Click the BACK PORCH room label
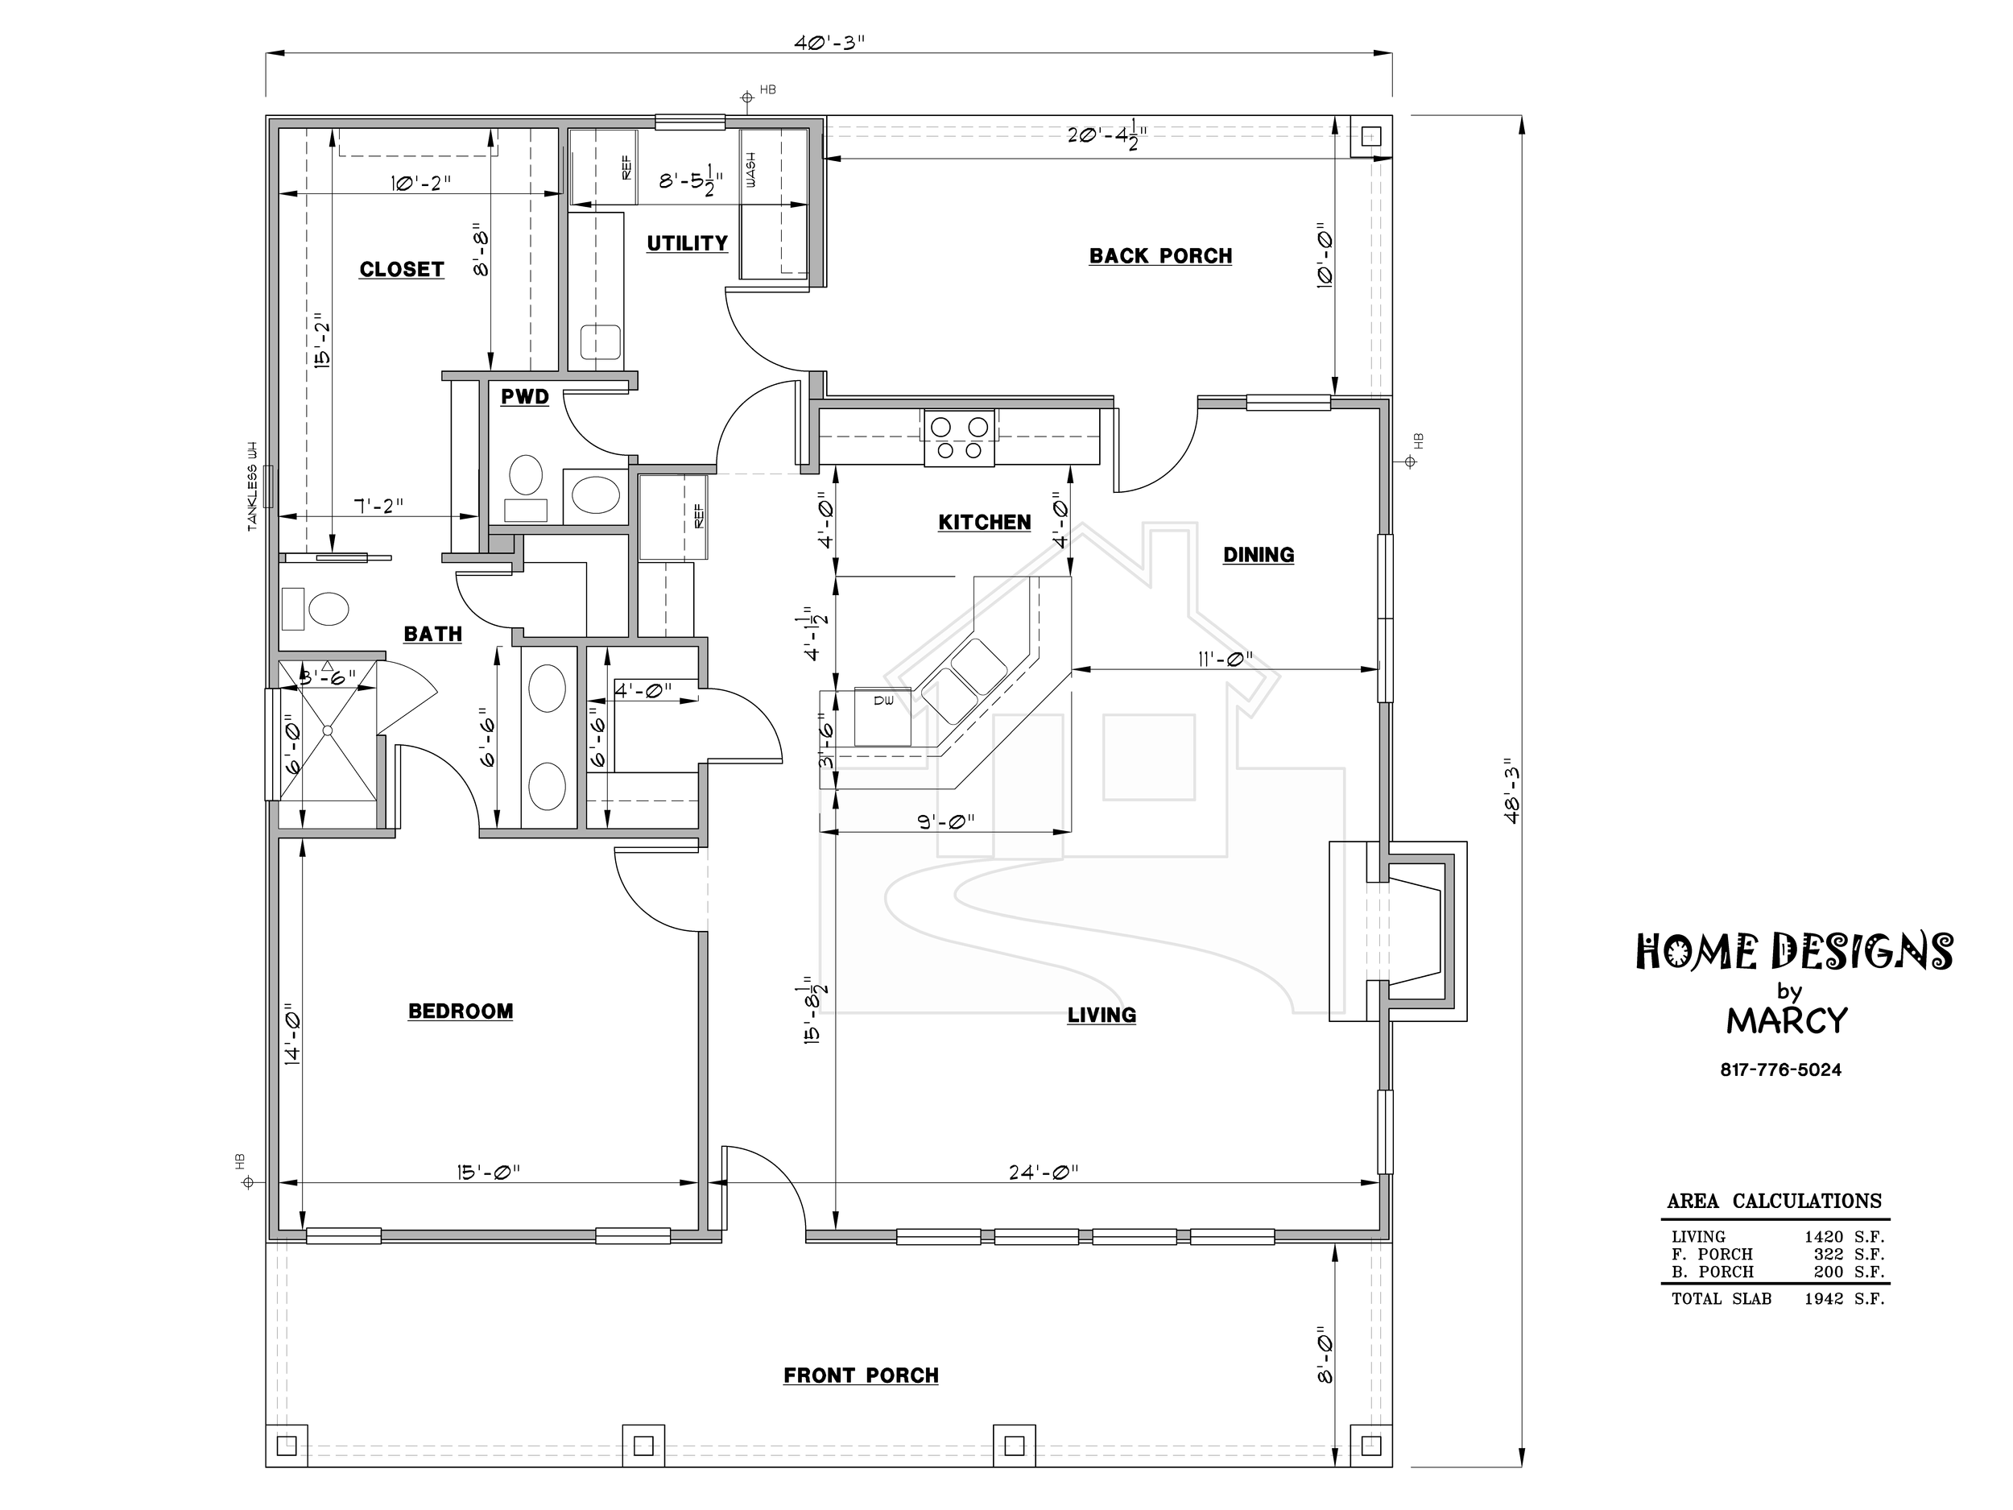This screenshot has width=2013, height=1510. click(1160, 256)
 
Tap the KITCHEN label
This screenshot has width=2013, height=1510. click(985, 523)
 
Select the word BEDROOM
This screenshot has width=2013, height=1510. click(461, 1011)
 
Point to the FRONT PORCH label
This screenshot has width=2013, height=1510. click(861, 1376)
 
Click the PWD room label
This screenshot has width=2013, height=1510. click(525, 397)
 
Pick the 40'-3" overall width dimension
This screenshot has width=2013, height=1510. click(828, 43)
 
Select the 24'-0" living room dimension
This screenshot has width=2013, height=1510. click(1044, 1173)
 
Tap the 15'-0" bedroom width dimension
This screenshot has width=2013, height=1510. click(489, 1173)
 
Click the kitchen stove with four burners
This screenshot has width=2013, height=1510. click(959, 438)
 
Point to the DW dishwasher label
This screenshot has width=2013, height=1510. click(883, 700)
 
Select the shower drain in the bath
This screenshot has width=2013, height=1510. click(328, 730)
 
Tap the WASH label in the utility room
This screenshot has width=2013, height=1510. click(750, 170)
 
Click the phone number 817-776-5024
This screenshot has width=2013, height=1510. click(1781, 1070)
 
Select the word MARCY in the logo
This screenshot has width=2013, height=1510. click(1788, 1021)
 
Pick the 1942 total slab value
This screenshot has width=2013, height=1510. click(1824, 1299)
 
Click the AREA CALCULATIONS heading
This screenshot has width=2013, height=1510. click(1775, 1202)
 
